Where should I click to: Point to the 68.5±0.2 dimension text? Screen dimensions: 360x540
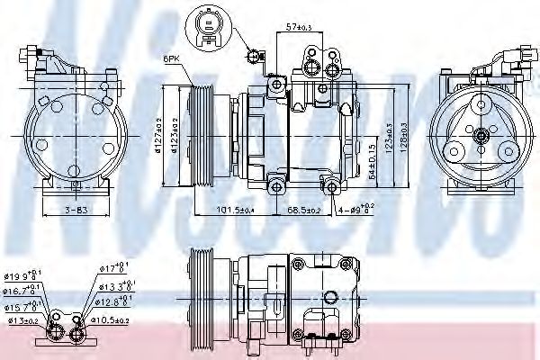304,211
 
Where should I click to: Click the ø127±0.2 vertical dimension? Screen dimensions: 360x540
157,134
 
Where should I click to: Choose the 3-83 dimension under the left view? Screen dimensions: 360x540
75,211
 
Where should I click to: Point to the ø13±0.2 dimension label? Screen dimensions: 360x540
22,320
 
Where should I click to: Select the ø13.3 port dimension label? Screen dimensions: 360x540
115,284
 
